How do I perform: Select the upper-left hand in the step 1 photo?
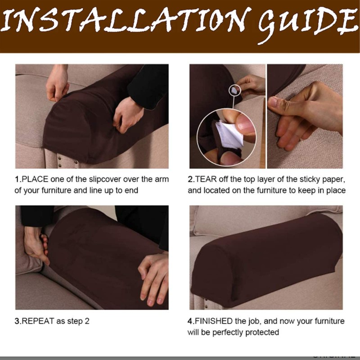[57, 83]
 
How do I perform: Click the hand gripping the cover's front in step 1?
[127, 112]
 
